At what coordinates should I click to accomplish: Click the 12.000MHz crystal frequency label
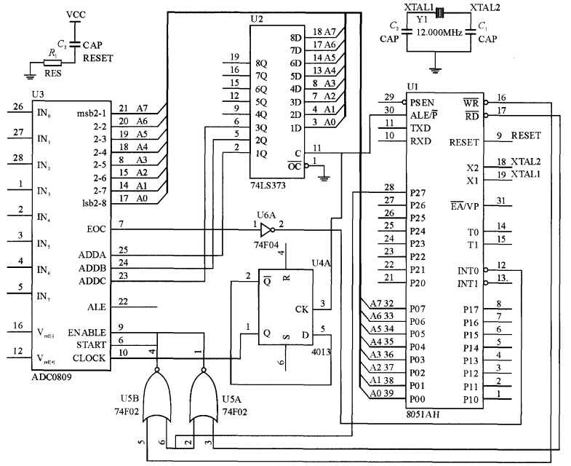pos(439,31)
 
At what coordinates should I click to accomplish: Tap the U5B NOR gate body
pos(161,394)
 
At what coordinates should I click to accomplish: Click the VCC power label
pos(75,15)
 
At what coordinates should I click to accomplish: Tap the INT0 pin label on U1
pos(475,270)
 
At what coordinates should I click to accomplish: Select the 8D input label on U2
pos(295,37)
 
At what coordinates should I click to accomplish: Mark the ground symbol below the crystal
pos(435,71)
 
